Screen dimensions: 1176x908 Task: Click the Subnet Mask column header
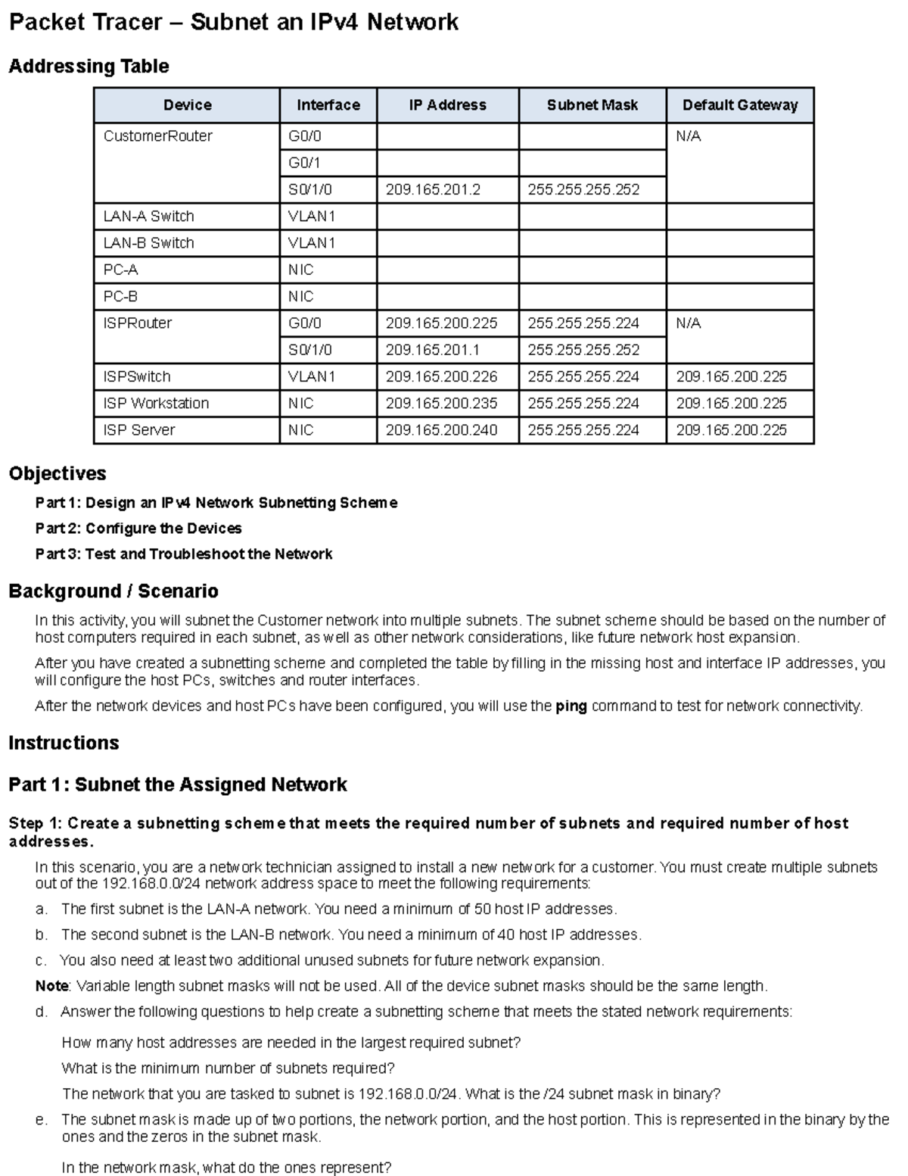592,105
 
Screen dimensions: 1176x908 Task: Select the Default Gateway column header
739,105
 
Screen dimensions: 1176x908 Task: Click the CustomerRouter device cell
158,136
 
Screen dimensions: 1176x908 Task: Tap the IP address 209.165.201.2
433,189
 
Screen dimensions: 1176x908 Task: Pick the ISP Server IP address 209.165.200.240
441,430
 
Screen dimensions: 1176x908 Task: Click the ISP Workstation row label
156,404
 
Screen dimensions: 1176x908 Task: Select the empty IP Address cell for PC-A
447,270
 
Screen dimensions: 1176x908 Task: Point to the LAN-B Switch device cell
149,243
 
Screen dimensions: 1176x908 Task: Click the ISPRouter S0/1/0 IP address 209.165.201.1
433,350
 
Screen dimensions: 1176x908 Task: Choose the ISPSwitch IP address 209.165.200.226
441,376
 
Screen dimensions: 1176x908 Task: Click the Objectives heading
58,474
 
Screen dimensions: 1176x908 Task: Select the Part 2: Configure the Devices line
138,529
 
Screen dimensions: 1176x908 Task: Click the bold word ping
571,707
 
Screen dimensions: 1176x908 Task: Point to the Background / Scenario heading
113,591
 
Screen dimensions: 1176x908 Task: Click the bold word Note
51,986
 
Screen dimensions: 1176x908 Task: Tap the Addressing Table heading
89,67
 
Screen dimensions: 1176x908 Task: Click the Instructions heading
64,743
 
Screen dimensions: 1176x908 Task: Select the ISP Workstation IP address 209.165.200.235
441,404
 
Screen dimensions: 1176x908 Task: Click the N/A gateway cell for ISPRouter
689,323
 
